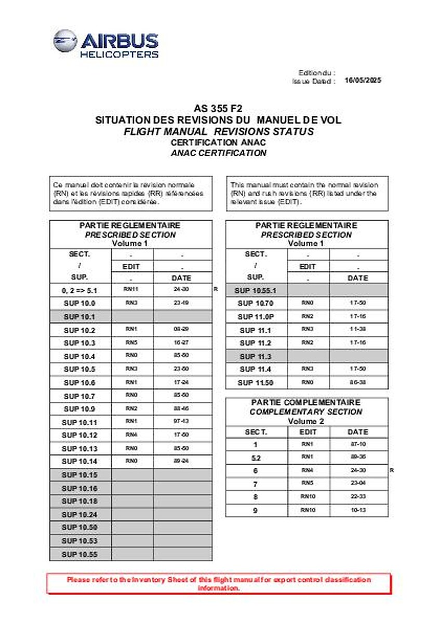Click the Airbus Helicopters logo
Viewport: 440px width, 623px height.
tap(106, 44)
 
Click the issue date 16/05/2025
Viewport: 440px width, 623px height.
tap(363, 81)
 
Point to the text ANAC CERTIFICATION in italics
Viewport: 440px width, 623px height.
tap(218, 153)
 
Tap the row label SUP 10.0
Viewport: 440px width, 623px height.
tap(80, 303)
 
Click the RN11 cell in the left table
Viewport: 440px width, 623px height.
tap(132, 290)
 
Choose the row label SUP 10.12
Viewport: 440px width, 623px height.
tap(80, 435)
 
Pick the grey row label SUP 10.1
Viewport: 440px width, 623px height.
tap(80, 317)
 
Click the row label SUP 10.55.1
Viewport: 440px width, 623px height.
tap(257, 290)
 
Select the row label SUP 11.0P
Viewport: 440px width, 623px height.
tap(257, 317)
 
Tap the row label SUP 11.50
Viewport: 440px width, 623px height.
tap(257, 383)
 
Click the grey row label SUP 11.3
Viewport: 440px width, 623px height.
tap(257, 357)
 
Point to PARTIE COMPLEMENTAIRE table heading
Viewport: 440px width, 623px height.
tap(306, 402)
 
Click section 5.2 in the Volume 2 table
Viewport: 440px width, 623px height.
tap(256, 458)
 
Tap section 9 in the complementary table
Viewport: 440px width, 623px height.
tap(256, 510)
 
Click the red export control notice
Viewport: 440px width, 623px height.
tap(219, 584)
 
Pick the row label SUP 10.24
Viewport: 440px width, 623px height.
tap(80, 514)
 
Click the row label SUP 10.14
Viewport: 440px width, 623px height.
tap(80, 462)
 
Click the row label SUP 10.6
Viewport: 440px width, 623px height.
tap(80, 383)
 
